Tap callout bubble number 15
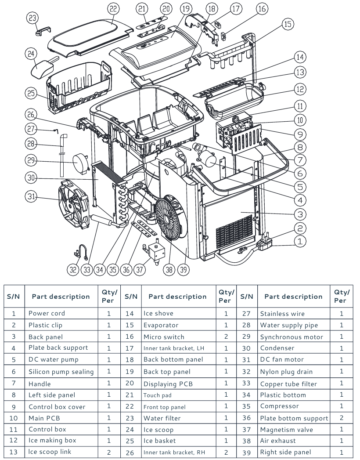288,24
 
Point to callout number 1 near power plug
300,241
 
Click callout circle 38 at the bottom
169,270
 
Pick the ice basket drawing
79,87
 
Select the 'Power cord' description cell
47,313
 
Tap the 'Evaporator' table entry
161,325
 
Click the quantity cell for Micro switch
226,337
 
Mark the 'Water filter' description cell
162,418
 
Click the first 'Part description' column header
61,296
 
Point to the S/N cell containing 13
14,452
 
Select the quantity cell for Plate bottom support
342,418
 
